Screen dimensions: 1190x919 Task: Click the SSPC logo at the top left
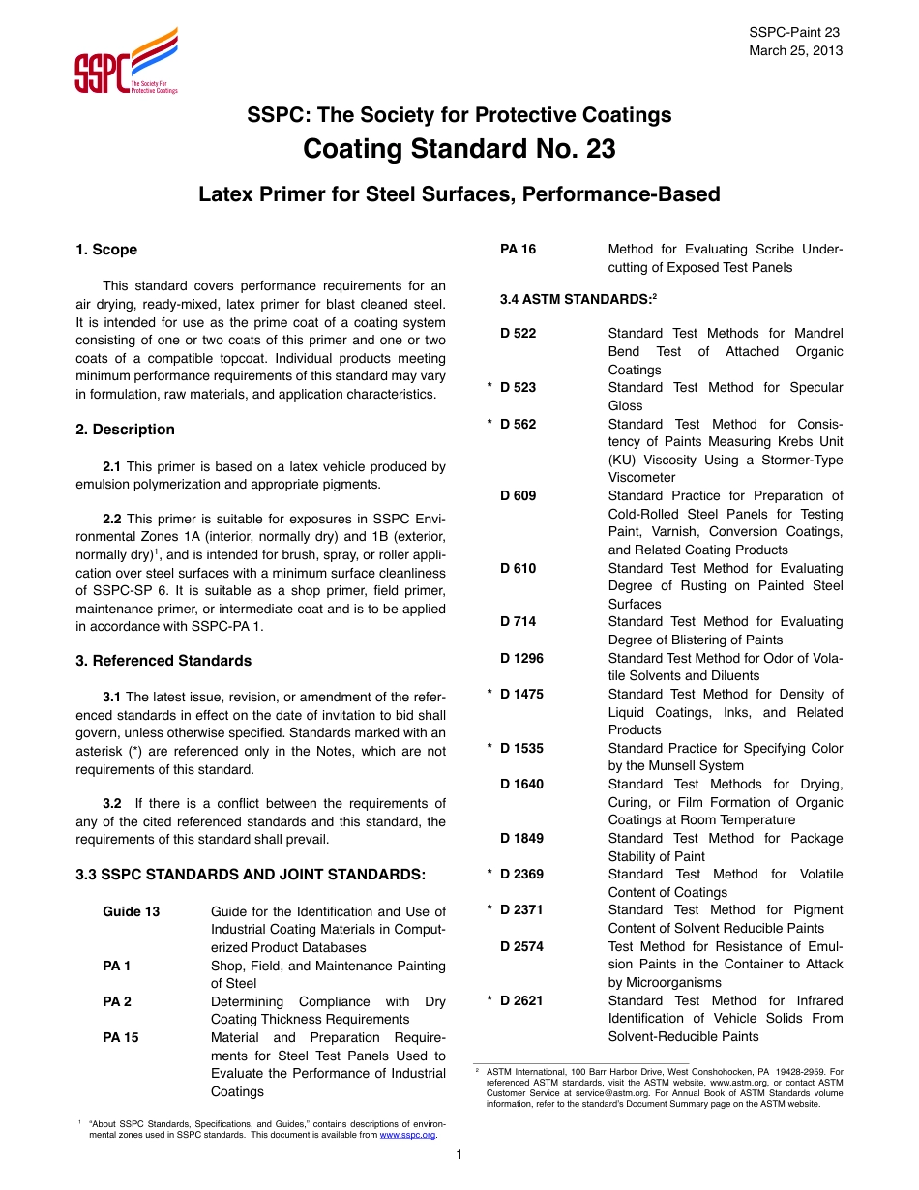point(126,62)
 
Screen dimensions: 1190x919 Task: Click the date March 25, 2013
point(795,50)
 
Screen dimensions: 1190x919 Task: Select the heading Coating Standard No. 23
point(459,150)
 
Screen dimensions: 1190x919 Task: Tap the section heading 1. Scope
point(106,250)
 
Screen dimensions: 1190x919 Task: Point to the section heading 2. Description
point(125,430)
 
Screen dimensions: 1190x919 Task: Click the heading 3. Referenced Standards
point(163,661)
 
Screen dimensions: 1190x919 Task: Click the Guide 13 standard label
point(132,911)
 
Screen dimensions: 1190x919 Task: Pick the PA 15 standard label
point(121,1037)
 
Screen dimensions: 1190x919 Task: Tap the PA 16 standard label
point(518,250)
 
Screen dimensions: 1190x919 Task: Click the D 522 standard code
point(518,334)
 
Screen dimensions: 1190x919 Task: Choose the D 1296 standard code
point(521,658)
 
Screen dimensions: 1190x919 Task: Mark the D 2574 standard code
point(521,946)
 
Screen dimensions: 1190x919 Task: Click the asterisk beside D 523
point(489,388)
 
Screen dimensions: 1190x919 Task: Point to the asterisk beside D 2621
point(489,1001)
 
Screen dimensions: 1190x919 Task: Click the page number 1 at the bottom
point(459,1155)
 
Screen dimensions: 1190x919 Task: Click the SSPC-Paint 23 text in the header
point(795,33)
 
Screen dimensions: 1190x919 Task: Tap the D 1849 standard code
point(521,838)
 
